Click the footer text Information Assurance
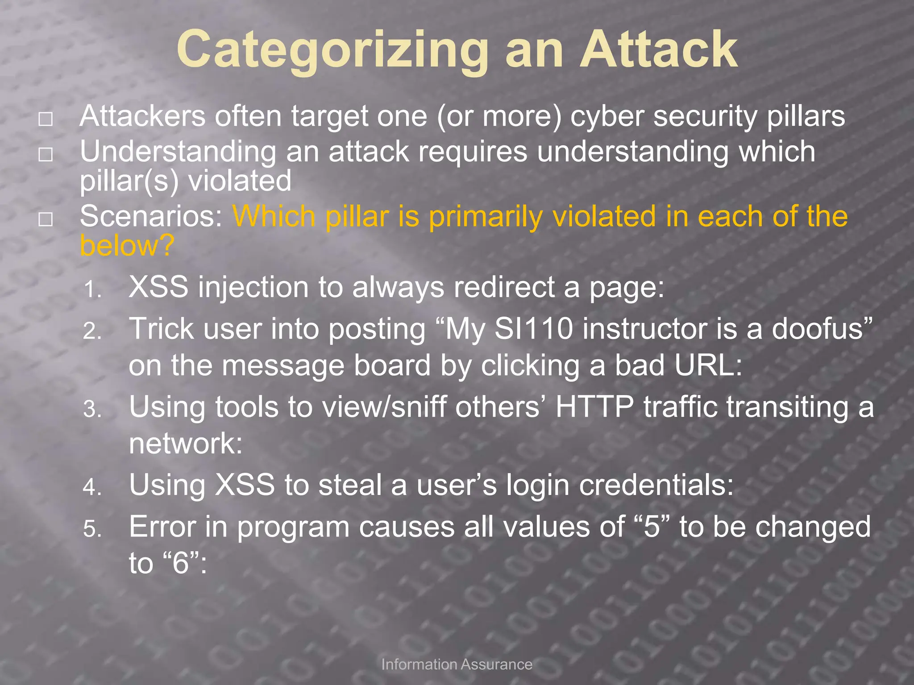tap(457, 664)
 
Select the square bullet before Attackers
tap(46, 119)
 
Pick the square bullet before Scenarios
tap(46, 219)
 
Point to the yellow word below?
tap(127, 245)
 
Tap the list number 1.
tap(92, 290)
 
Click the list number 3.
tap(92, 409)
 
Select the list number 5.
tap(92, 529)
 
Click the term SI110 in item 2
tap(533, 329)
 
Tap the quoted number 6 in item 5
tap(181, 563)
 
